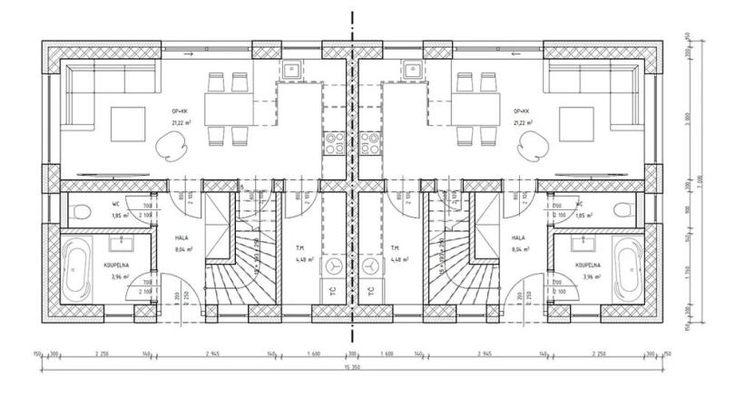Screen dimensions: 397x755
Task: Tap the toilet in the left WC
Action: pyautogui.click(x=80, y=212)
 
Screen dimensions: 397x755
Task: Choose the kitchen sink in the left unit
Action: pyautogui.click(x=294, y=68)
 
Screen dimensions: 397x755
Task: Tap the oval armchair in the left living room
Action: pyautogui.click(x=172, y=144)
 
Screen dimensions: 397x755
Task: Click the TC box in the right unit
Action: pyautogui.click(x=370, y=292)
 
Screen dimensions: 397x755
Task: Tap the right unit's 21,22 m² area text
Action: pyautogui.click(x=523, y=122)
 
